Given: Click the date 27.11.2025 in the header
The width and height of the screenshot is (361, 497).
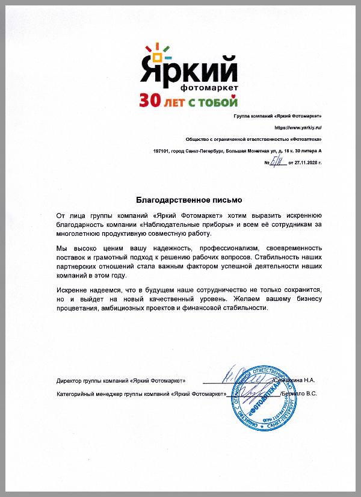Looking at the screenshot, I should (309, 162).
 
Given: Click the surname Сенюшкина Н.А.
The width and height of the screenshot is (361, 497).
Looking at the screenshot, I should (295, 381).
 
